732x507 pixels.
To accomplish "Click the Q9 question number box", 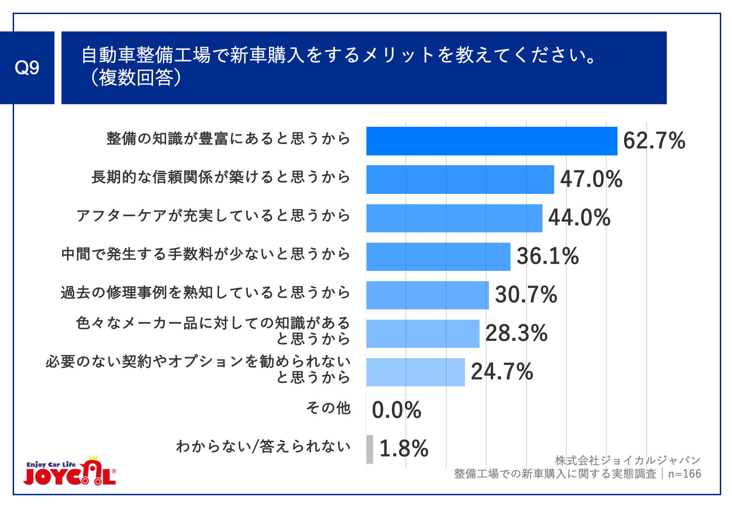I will (x=27, y=68).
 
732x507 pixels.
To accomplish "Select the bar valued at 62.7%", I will (x=491, y=141).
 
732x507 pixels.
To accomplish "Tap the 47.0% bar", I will (x=460, y=179).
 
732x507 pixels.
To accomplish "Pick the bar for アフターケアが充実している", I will (x=454, y=218).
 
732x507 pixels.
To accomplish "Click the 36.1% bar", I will (x=438, y=256).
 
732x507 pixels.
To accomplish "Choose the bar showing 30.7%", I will (x=427, y=295).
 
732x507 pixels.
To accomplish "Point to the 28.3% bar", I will (x=422, y=333).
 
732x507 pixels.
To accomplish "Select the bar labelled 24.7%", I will (x=415, y=372).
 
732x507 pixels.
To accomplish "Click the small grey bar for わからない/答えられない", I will (x=370, y=449).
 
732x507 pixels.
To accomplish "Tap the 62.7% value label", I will (x=654, y=141).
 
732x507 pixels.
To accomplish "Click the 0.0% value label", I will (x=396, y=410).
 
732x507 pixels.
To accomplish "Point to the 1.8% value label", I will (x=404, y=449).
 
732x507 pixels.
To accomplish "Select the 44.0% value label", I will (x=579, y=218).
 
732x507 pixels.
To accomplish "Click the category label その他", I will (x=328, y=408).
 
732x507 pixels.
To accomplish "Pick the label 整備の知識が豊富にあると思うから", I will (x=229, y=139).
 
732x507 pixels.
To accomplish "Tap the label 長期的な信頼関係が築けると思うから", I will (x=221, y=177).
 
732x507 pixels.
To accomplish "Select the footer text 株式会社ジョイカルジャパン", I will (x=627, y=461).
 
